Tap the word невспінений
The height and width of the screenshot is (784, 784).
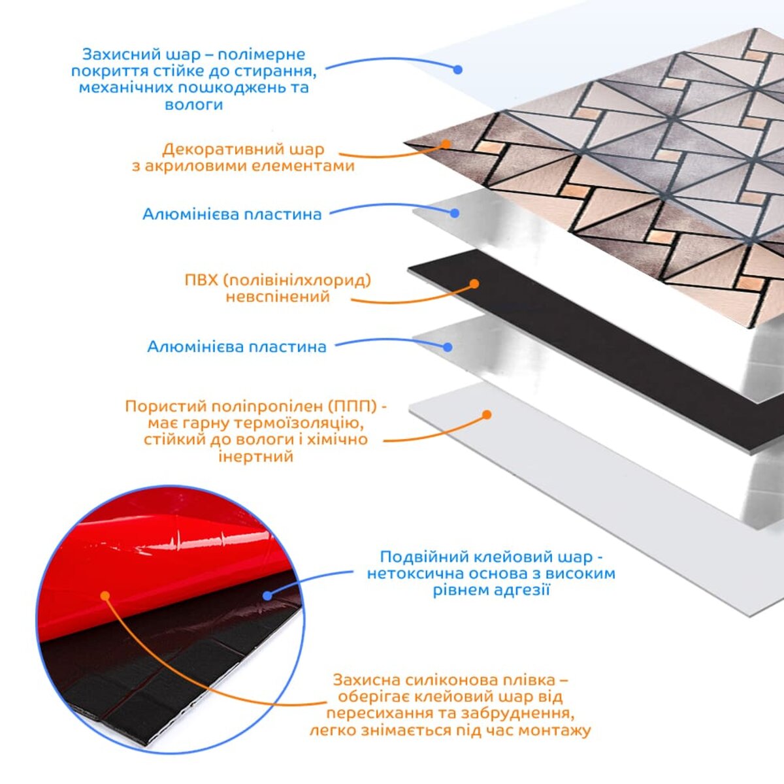pyautogui.click(x=278, y=297)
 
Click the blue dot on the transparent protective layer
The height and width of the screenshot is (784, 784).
pyautogui.click(x=458, y=69)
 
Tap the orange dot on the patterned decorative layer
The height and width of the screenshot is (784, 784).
pyautogui.click(x=446, y=144)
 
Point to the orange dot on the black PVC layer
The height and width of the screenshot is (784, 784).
pyautogui.click(x=474, y=284)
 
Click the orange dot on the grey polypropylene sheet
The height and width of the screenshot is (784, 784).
pyautogui.click(x=487, y=415)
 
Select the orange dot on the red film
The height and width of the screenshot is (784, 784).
pyautogui.click(x=105, y=596)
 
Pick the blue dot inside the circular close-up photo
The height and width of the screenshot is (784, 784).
pyautogui.click(x=267, y=596)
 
